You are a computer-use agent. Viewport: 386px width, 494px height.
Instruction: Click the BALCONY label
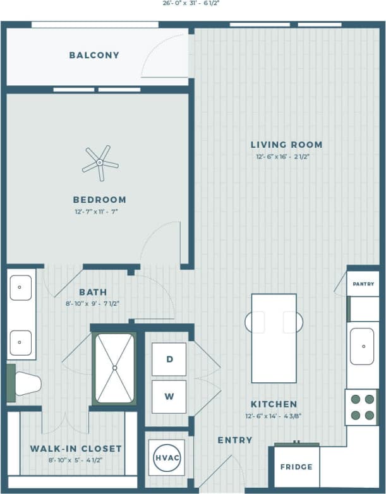[94, 55]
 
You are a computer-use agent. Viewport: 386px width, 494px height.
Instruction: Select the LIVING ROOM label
[286, 144]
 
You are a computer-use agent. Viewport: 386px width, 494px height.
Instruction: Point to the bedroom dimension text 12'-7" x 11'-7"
[95, 212]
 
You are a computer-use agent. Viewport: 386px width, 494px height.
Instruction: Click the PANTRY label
[363, 284]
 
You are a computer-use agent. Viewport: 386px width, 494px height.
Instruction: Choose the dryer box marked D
[169, 359]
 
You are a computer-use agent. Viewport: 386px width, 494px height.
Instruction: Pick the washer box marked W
[169, 397]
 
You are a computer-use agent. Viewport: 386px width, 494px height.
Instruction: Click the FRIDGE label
[296, 467]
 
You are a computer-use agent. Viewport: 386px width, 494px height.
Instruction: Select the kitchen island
[274, 337]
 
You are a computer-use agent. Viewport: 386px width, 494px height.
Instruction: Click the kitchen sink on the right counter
[363, 346]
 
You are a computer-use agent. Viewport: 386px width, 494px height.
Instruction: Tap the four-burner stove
[362, 407]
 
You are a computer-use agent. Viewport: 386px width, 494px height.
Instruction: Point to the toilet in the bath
[25, 383]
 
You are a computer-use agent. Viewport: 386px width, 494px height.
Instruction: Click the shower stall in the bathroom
[114, 368]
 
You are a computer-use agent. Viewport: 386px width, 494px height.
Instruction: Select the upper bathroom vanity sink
[22, 287]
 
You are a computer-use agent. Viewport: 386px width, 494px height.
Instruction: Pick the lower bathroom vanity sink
[22, 342]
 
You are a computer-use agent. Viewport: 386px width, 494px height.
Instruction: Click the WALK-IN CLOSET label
[76, 449]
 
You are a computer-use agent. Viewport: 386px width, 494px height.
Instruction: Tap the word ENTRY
[234, 440]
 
